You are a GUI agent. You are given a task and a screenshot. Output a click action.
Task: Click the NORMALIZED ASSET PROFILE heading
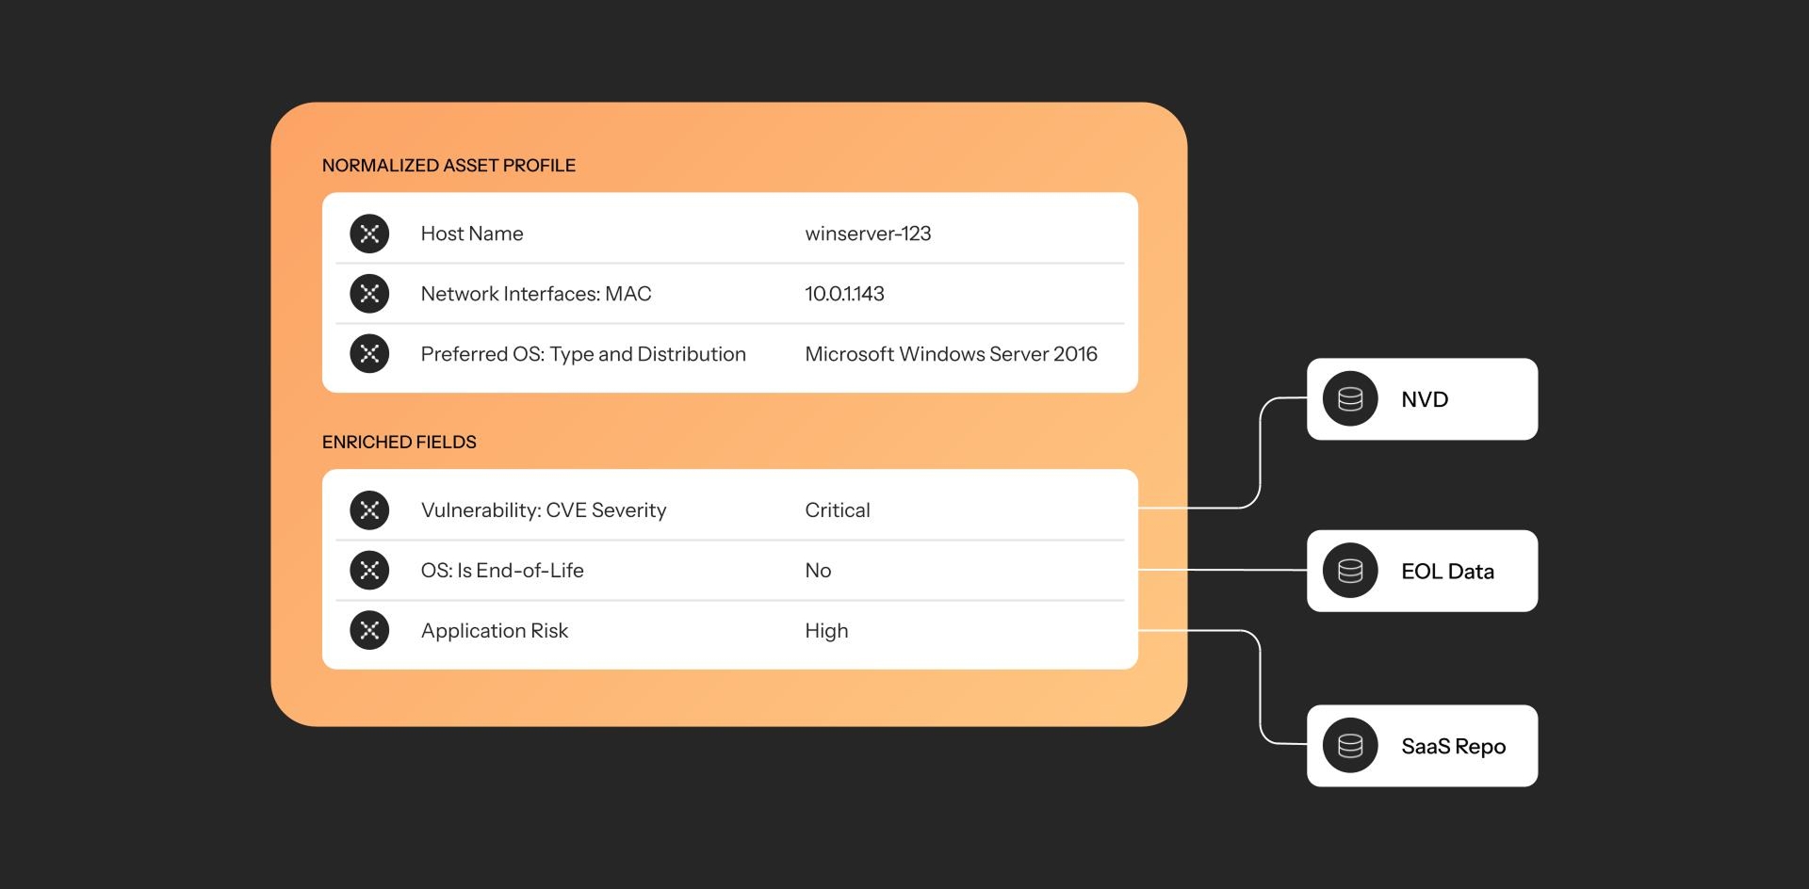pos(448,166)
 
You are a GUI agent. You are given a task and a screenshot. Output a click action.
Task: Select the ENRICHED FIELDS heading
pos(399,443)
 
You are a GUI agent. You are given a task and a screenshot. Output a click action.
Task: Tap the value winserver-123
pos(868,234)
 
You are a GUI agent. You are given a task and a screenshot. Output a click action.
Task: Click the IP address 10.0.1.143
pos(844,294)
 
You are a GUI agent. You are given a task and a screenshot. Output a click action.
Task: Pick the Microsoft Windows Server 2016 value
pos(951,354)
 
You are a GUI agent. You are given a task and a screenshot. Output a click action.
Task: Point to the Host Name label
pos(472,234)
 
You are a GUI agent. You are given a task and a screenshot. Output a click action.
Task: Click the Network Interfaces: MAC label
pos(536,294)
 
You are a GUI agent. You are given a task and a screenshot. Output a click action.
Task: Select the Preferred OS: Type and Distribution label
pos(583,354)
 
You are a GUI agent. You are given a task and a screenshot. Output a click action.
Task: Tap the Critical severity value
pos(838,510)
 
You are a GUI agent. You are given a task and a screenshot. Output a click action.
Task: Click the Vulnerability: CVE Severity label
pos(544,510)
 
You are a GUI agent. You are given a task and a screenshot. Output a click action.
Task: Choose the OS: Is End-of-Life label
pos(502,571)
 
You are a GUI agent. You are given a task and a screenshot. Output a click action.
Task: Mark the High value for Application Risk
pos(826,631)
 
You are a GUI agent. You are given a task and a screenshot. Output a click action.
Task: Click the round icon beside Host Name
pos(369,234)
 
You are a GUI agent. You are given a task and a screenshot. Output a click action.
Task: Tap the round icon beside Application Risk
pos(369,631)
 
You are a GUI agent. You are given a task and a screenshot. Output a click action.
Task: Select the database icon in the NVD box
pos(1350,399)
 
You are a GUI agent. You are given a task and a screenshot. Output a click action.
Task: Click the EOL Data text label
pos(1447,572)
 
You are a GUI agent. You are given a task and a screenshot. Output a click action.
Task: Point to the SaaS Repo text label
pos(1453,747)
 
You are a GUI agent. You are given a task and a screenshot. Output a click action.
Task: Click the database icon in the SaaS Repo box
pos(1350,746)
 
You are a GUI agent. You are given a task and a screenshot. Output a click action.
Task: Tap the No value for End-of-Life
pos(818,571)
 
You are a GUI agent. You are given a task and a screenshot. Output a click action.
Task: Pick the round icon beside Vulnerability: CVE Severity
pos(369,510)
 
